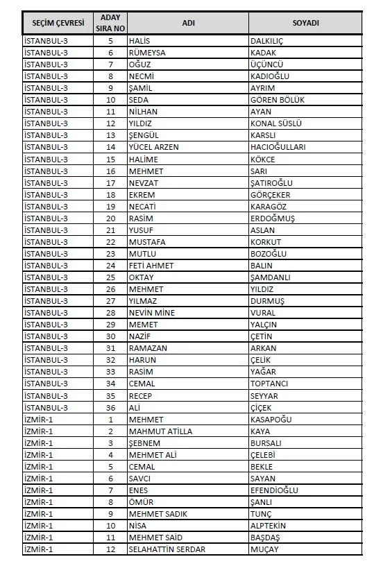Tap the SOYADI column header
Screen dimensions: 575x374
point(305,23)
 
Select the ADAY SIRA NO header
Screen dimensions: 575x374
point(110,23)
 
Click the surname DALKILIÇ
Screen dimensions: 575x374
point(267,41)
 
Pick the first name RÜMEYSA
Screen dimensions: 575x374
point(147,53)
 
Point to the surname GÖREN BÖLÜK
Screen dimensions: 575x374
point(277,100)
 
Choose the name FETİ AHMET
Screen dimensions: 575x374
point(151,266)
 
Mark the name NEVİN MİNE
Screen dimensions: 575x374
point(152,313)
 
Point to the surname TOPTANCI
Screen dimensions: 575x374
point(269,384)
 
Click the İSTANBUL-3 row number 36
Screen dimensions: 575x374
point(110,407)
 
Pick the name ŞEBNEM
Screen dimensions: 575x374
point(144,443)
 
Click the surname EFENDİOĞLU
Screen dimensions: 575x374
point(274,490)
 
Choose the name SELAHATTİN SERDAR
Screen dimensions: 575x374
point(167,549)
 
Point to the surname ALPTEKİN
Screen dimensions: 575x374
point(268,526)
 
